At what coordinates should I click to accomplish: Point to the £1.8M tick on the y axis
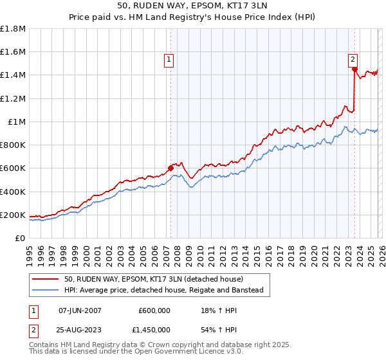[x=13, y=29]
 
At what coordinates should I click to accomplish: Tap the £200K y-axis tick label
[x=13, y=215]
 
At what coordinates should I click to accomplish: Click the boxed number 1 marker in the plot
[x=169, y=60]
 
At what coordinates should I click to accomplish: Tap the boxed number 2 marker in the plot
[x=353, y=60]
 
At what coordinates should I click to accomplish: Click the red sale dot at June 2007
[x=170, y=168]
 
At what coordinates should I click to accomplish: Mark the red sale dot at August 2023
[x=354, y=69]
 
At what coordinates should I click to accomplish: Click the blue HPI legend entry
[x=164, y=290]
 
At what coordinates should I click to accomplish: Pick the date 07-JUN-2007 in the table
[x=80, y=310]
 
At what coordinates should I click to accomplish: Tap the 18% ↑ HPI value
[x=213, y=310]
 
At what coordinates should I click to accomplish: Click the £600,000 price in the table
[x=154, y=310]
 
